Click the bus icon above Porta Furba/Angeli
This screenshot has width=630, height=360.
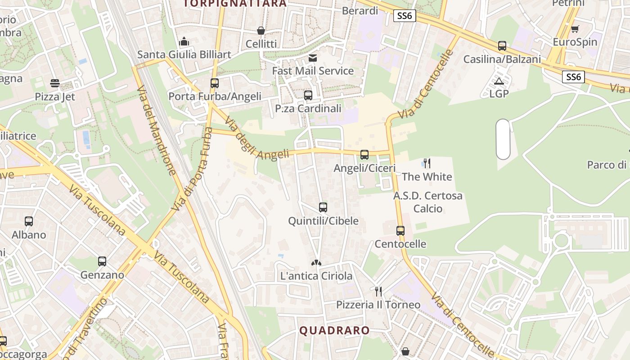215,83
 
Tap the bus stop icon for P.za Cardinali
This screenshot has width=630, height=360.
308,95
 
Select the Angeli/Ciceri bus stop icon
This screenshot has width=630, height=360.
364,155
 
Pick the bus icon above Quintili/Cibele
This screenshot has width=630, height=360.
323,207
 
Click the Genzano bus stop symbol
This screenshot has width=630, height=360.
102,261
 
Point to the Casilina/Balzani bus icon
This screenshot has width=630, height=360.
502,46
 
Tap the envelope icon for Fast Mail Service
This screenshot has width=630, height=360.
313,58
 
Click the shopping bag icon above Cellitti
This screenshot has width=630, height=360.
261,31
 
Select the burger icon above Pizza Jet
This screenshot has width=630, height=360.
55,83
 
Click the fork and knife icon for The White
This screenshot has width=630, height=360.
427,163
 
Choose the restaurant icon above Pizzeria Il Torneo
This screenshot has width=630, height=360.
378,292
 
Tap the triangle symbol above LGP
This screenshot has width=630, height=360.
499,81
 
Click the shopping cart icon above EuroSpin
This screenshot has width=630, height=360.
575,29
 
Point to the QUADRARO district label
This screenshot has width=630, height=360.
334,331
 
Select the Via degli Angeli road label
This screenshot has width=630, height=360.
257,139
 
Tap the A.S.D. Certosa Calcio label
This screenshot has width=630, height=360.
428,202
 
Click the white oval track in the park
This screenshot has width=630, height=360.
503,139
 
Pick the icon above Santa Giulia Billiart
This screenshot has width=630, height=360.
184,42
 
